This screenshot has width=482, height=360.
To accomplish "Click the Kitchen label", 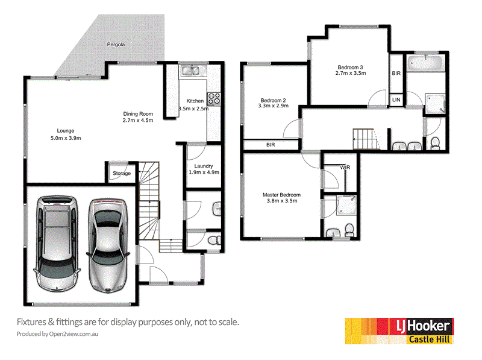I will tap(195, 101).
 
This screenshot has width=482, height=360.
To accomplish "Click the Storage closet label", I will tap(122, 174).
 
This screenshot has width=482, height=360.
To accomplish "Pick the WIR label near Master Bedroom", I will tap(345, 167).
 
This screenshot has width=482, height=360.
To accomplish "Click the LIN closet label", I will tap(396, 99).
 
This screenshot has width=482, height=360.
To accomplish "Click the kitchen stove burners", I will tap(214, 96).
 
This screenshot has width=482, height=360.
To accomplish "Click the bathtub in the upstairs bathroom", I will tap(426, 63).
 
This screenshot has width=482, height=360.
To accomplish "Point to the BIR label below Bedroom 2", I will tap(271, 145).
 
